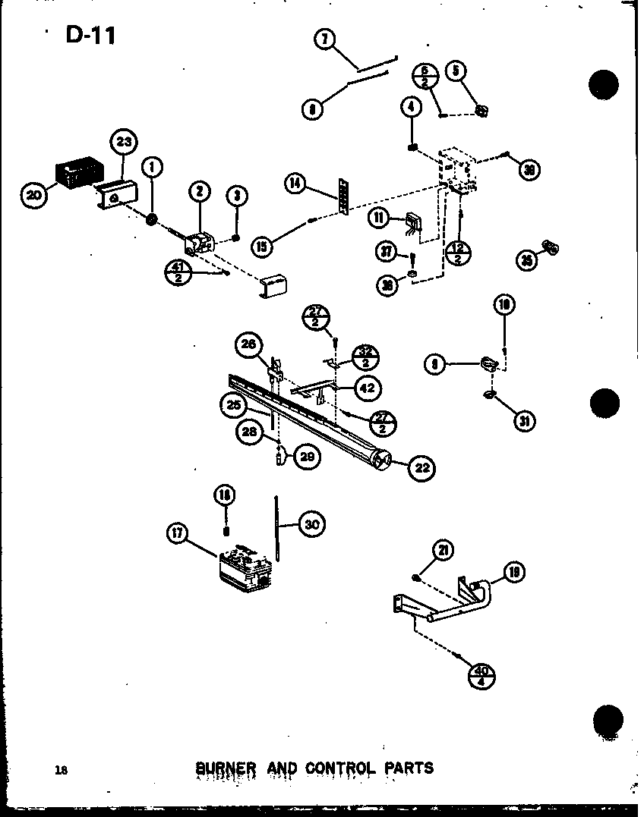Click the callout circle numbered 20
point(34,196)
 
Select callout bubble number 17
point(177,534)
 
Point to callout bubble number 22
point(422,468)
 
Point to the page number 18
point(61,770)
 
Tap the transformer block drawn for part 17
point(245,567)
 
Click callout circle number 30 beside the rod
point(311,523)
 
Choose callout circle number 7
point(326,39)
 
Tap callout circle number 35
point(526,259)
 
